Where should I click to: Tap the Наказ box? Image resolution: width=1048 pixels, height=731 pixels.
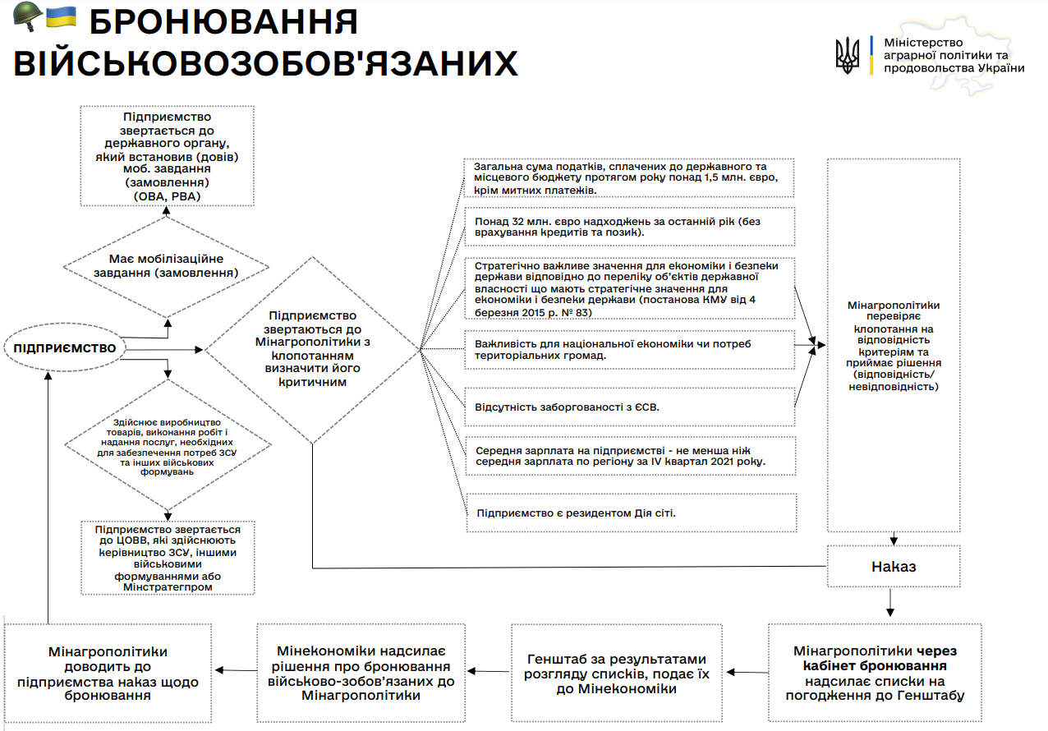pos(893,567)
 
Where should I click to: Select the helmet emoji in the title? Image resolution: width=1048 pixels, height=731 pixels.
pos(27,17)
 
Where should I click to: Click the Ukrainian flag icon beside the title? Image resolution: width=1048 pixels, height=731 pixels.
pos(61,16)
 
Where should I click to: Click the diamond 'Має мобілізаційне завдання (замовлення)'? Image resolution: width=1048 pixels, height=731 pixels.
pos(167,266)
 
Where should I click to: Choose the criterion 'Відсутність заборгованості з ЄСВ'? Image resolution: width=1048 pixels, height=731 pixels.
pos(630,407)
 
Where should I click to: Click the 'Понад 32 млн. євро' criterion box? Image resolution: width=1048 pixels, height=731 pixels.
pos(630,227)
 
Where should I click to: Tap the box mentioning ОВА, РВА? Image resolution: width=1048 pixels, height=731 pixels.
pos(167,157)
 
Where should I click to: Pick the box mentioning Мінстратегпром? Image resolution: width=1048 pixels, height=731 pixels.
pos(168,558)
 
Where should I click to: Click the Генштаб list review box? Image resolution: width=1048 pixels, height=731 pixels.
pos(616,674)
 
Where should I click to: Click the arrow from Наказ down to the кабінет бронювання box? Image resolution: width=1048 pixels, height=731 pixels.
pos(890,604)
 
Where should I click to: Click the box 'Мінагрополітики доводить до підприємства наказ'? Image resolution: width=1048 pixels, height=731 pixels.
pos(108,673)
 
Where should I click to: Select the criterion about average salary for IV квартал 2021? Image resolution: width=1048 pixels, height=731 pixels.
pos(630,457)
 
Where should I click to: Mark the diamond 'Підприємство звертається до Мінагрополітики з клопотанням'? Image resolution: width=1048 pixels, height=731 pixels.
pos(312,349)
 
